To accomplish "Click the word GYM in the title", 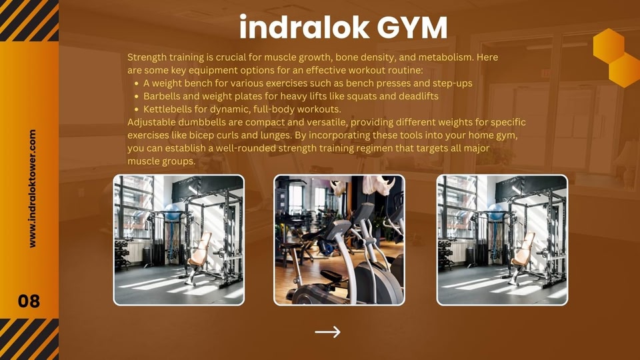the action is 412,27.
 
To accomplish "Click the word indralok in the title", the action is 304,27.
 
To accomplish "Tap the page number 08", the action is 29,301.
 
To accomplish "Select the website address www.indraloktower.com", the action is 32,189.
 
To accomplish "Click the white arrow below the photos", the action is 328,332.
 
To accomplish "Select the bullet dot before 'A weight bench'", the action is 137,83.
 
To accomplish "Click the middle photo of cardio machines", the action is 339,240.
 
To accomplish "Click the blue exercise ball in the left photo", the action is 173,212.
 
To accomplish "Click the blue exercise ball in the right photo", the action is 496,212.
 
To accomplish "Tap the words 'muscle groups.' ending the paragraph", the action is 161,161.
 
